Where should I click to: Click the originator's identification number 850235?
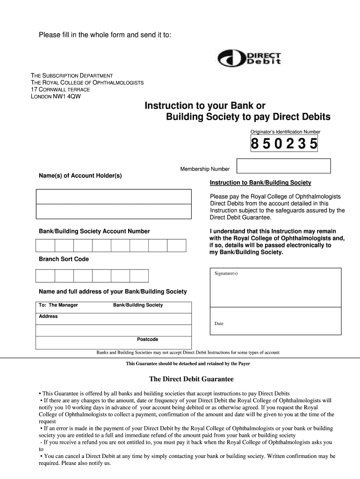point(284,144)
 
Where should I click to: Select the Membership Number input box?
point(283,166)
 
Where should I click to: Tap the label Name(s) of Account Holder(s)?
point(80,176)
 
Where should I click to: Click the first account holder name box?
point(114,196)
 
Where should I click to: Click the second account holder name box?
point(114,211)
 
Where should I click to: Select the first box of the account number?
point(45,246)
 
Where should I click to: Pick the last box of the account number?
point(176,246)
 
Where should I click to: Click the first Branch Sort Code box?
point(45,276)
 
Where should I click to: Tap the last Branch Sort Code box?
point(139,276)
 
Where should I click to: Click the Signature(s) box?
point(276,287)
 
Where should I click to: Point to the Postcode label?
point(147,340)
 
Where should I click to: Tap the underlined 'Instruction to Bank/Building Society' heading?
point(260,183)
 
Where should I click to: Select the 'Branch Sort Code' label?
point(64,259)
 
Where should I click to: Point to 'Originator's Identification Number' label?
point(285,132)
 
